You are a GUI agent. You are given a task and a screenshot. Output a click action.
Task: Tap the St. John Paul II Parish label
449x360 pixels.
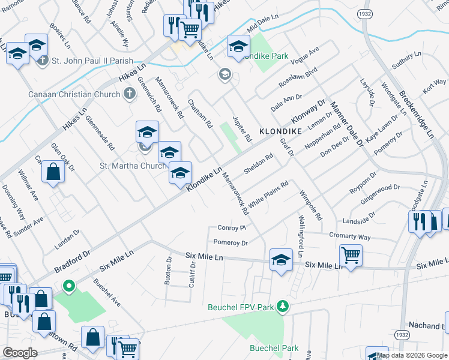click(96, 61)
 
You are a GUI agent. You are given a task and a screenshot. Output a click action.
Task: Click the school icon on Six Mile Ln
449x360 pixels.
click(280, 259)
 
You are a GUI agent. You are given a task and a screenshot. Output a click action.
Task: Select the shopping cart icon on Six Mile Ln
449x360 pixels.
click(351, 254)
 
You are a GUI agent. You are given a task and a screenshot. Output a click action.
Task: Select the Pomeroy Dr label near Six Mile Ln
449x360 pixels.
click(231, 243)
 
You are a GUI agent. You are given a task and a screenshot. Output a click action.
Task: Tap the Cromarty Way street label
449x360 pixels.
click(364, 238)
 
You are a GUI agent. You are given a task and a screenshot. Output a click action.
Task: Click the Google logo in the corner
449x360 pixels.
click(20, 353)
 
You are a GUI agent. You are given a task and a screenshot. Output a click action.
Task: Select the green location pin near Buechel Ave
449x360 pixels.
click(69, 286)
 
